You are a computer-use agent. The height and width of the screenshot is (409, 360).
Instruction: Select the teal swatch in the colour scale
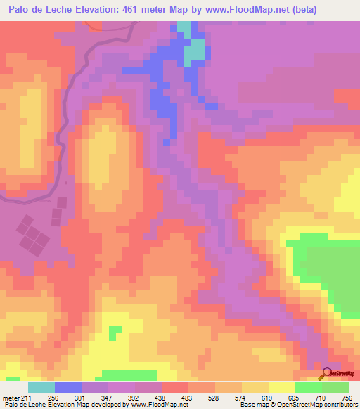click(x=41, y=387)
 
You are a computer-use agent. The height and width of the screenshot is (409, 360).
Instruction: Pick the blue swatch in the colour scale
click(x=67, y=387)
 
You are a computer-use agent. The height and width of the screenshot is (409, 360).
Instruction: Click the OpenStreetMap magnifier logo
click(x=326, y=375)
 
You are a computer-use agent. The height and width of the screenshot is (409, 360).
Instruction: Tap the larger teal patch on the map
click(x=195, y=52)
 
